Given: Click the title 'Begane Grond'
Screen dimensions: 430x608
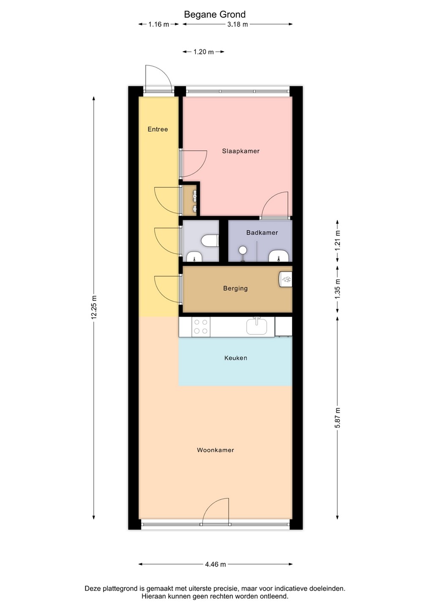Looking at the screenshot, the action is (215, 14).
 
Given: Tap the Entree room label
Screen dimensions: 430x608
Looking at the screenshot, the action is (158, 129).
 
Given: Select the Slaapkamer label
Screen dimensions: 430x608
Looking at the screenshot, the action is (241, 151).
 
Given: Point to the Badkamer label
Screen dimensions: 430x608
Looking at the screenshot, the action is (262, 233).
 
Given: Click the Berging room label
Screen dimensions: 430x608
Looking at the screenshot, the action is (235, 288).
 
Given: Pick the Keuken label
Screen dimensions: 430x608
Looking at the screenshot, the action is (236, 358).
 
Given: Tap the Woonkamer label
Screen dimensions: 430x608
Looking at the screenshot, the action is (215, 450).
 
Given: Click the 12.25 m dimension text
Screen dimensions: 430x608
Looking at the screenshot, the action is (94, 307).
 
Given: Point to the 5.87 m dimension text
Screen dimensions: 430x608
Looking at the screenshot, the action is (337, 418).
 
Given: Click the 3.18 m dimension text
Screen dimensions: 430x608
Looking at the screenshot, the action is (237, 24).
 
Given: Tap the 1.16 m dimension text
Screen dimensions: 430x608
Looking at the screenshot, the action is (158, 24).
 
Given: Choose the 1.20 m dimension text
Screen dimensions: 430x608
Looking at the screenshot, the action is (203, 52).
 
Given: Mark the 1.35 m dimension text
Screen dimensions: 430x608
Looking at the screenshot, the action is (337, 289).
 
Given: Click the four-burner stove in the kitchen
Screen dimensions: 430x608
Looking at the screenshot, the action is (201, 326).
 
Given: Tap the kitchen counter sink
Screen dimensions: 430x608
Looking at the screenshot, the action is (256, 326).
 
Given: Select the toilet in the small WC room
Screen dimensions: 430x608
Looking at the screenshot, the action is (210, 241).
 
